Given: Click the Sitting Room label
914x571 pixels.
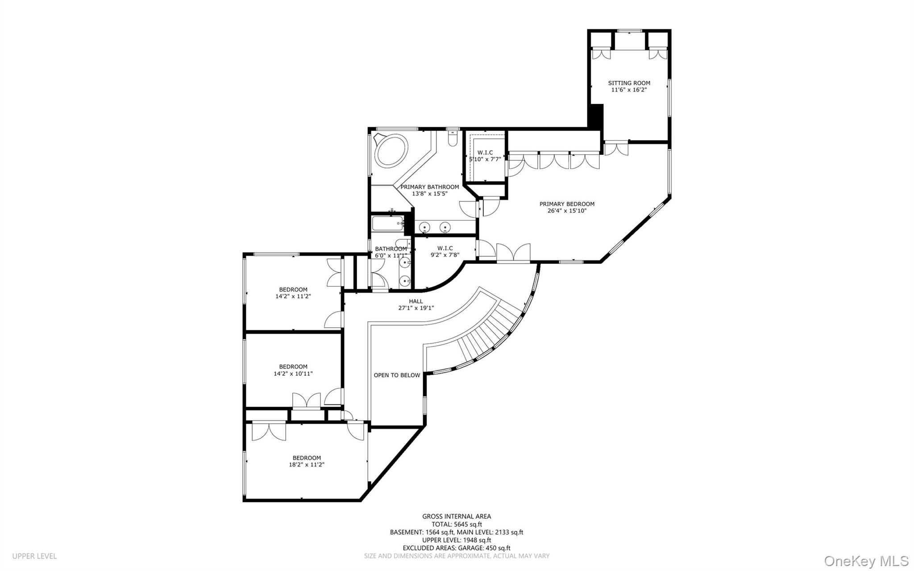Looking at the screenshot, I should point(629,83).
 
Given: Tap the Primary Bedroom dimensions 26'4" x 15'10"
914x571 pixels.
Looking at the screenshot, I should point(567,211).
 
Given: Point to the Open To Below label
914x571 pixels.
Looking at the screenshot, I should point(397,375).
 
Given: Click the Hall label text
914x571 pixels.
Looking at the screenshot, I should point(415,301).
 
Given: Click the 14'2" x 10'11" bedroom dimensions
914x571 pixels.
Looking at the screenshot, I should point(293,374).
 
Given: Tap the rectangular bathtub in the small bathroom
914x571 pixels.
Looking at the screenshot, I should point(387,223).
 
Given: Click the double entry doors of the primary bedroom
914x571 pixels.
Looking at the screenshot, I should point(513,253).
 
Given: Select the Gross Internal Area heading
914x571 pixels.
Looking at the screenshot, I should point(457,517).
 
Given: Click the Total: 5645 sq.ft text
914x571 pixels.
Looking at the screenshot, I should point(457,525).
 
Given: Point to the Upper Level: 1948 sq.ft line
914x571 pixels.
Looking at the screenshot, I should point(457,540).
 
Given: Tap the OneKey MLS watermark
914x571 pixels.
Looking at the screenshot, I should point(866,561).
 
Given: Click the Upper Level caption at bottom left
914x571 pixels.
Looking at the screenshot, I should point(34,556).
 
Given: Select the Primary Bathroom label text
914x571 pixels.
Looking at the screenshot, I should point(429,187).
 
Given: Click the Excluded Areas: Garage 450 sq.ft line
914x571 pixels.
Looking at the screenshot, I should point(457,548).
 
